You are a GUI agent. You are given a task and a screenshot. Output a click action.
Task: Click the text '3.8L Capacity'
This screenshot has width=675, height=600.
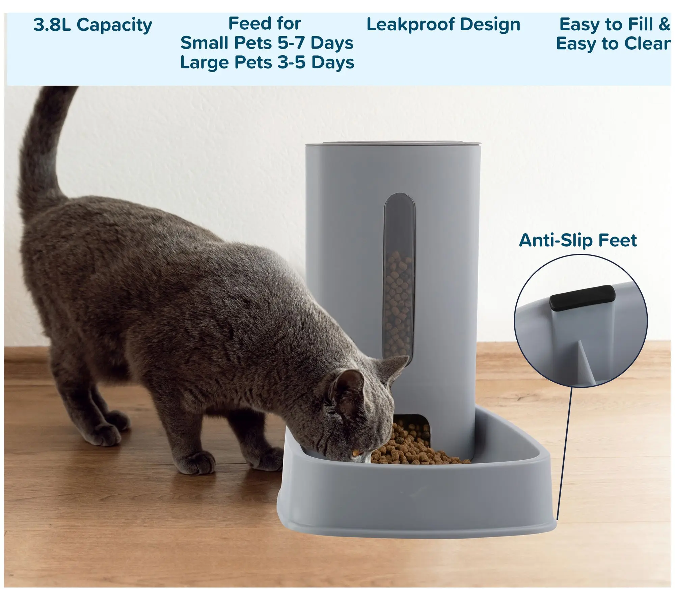click(93, 25)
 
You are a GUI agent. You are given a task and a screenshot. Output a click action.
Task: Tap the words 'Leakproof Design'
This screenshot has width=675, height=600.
click(443, 25)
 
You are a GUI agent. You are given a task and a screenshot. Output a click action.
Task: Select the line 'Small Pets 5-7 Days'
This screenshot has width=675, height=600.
click(267, 43)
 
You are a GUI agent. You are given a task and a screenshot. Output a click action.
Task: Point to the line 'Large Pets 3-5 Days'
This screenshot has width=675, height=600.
click(267, 63)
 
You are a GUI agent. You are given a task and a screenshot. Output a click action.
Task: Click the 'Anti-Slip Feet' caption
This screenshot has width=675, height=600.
click(578, 240)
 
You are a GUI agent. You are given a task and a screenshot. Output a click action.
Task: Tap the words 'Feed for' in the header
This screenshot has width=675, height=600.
click(265, 24)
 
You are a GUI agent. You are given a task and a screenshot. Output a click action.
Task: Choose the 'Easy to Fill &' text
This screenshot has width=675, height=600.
click(614, 24)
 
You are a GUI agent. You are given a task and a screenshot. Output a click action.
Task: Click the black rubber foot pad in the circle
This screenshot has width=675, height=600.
click(582, 298)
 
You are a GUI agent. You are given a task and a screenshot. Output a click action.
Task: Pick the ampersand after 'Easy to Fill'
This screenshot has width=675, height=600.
click(664, 24)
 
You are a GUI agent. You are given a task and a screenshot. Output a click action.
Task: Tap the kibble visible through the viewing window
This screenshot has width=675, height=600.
click(398, 304)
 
